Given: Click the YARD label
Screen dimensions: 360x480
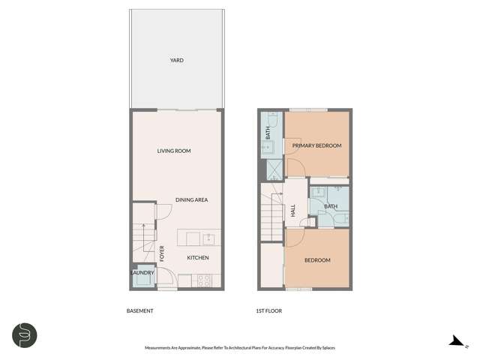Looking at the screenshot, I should click(x=176, y=61).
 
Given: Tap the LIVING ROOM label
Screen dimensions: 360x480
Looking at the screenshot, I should click(x=174, y=151).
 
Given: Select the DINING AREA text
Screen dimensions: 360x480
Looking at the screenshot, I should click(x=191, y=199).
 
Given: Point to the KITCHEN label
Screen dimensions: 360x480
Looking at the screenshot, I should click(x=197, y=258).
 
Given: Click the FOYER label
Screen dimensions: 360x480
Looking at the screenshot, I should click(x=161, y=253).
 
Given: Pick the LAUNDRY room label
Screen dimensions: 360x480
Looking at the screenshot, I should click(x=143, y=272).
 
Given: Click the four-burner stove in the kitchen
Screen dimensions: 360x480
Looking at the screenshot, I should click(x=202, y=281).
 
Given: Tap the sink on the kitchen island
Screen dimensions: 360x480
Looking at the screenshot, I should click(x=208, y=239).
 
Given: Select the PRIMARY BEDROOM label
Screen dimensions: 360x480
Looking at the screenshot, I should click(x=316, y=145).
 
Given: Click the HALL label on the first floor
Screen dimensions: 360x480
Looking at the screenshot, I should click(x=292, y=212).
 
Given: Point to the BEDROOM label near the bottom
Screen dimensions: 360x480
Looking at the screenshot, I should click(x=316, y=260).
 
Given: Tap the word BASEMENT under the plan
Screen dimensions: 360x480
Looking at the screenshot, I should click(x=140, y=310).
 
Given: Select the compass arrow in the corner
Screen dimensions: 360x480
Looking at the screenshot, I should click(x=454, y=340).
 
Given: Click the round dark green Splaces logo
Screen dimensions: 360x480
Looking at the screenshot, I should click(x=25, y=334).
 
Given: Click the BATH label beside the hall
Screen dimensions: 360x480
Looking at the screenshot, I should click(x=329, y=206).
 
